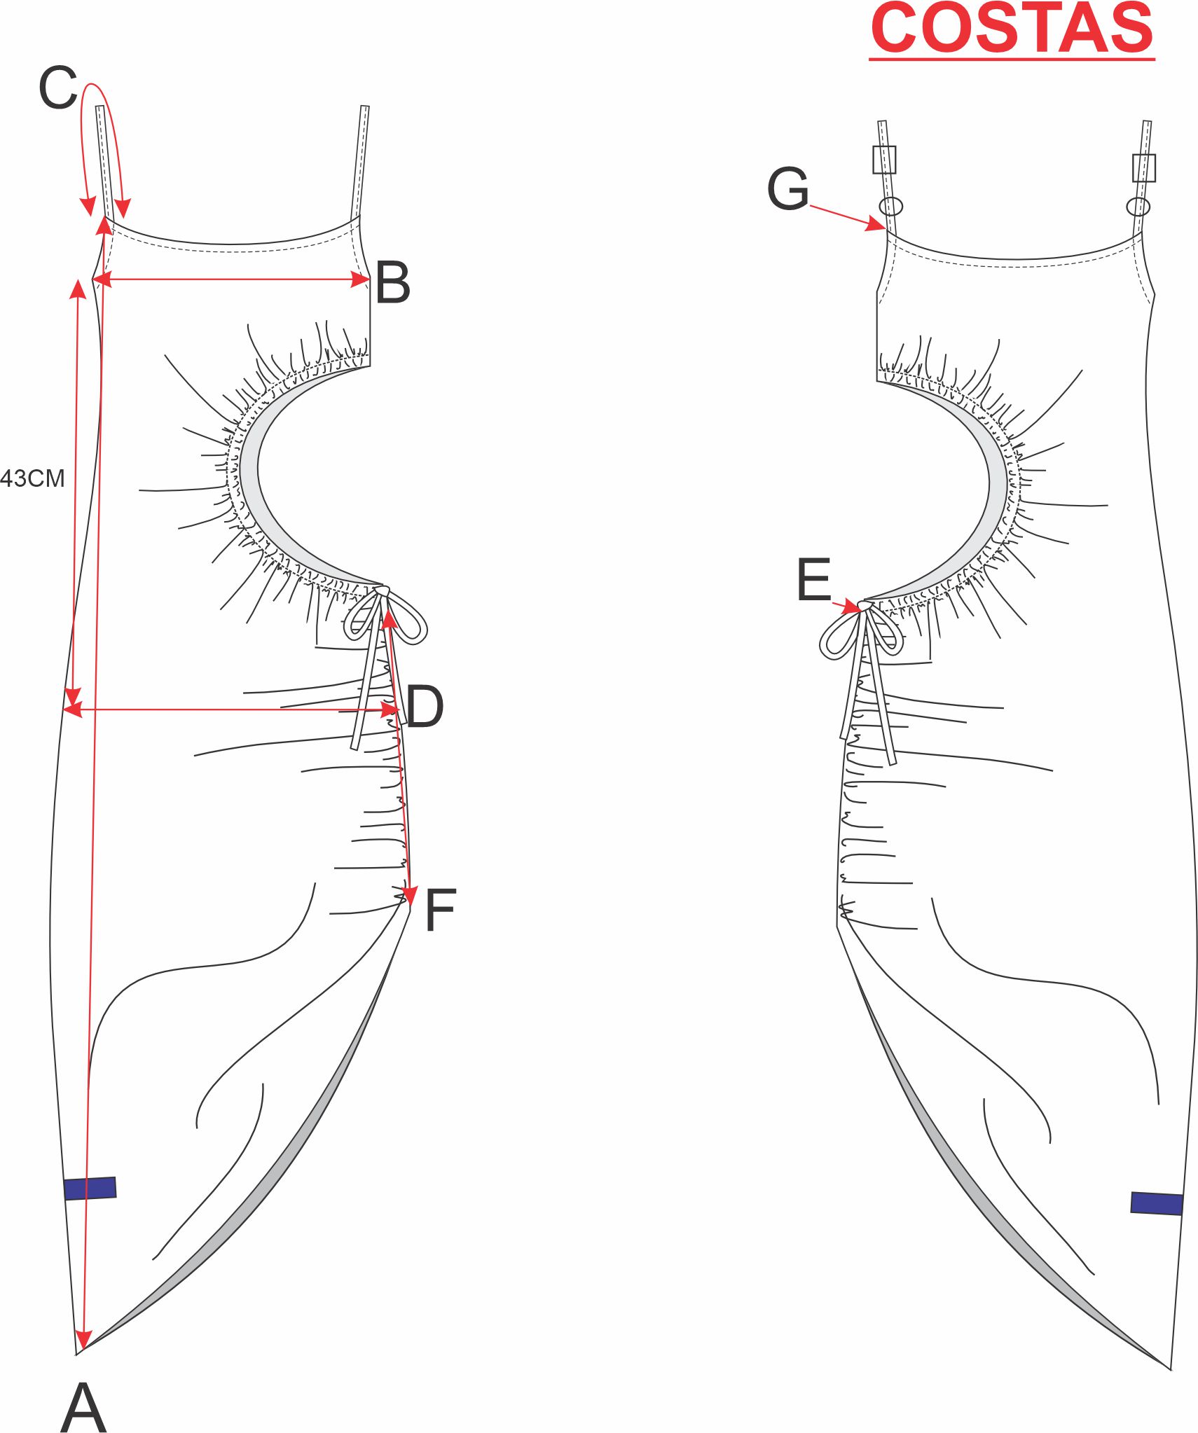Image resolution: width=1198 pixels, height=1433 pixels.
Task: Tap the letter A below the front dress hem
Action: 83,1407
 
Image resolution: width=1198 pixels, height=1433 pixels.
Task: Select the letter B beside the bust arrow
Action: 392,282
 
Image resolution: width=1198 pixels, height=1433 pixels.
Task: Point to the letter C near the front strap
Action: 57,88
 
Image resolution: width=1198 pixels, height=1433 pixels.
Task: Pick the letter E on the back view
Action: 813,580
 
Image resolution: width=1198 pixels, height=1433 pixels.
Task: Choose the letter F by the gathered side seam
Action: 440,910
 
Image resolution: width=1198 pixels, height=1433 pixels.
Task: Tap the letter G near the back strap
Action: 788,189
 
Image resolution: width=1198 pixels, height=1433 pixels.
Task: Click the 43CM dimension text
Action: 32,478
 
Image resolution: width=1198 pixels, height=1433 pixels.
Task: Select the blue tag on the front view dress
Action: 90,1188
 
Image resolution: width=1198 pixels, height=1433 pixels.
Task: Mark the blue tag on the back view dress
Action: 1156,1203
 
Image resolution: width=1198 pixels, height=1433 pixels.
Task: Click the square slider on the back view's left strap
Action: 884,160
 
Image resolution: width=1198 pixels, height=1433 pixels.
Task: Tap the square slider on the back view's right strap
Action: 1143,168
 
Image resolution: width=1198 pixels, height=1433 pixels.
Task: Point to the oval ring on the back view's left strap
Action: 890,206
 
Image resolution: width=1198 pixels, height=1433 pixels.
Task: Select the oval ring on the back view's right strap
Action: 1138,207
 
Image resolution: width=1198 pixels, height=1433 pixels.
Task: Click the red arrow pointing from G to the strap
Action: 847,217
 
